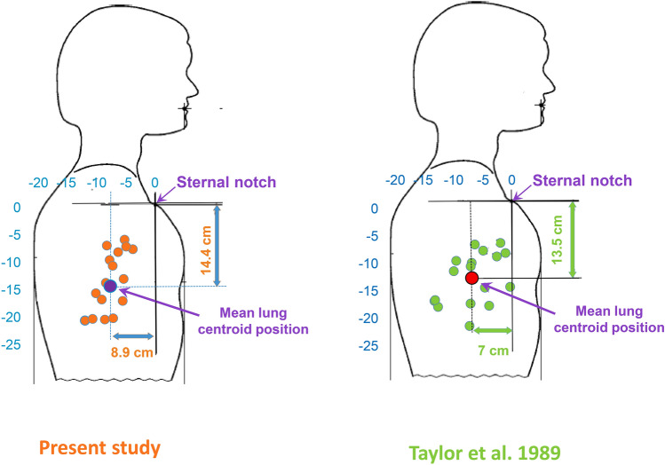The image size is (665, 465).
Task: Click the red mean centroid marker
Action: click(471, 278)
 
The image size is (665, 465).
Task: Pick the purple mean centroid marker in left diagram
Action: click(110, 285)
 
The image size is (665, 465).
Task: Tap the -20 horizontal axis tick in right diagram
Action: click(396, 180)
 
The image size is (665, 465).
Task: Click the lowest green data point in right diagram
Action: click(470, 326)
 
